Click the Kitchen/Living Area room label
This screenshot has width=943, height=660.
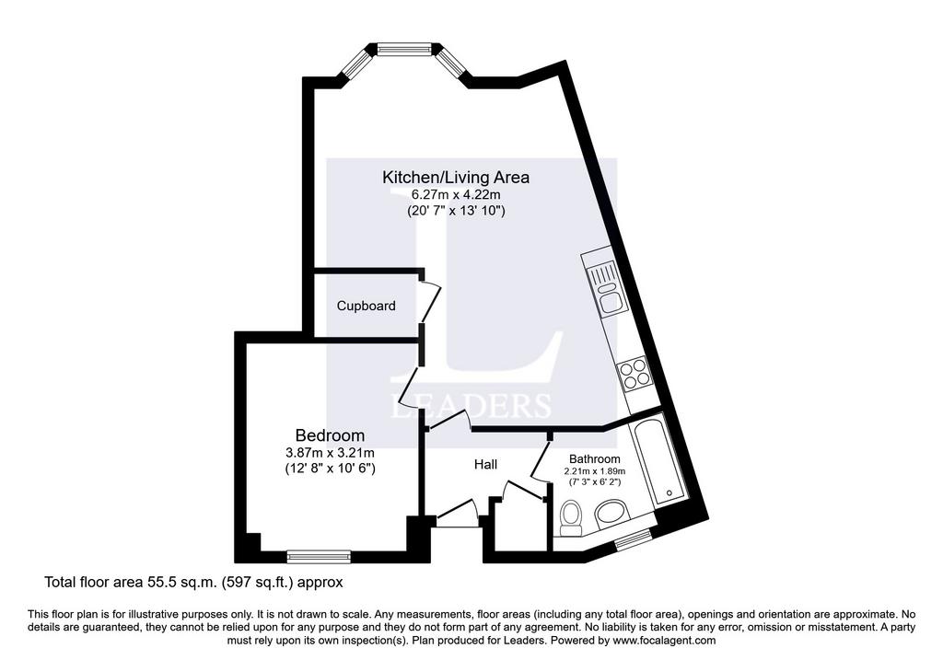[456, 178]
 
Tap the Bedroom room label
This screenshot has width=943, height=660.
[330, 434]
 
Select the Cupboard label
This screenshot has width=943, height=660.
[366, 306]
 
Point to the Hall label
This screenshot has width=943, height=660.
[485, 464]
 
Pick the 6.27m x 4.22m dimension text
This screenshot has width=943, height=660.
[456, 194]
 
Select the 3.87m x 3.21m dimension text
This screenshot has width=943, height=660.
[330, 453]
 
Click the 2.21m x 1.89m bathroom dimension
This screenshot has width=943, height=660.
[595, 471]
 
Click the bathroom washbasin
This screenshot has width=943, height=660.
[611, 513]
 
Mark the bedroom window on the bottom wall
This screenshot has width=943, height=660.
[319, 557]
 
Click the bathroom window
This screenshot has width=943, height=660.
[634, 539]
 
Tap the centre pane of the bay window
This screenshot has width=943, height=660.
[405, 49]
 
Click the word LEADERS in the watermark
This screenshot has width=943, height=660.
[471, 406]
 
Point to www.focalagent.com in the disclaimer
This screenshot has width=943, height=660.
[665, 640]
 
